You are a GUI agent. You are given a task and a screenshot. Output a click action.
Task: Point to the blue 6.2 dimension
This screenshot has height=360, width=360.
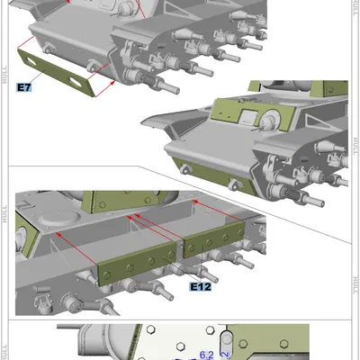coord(206,354)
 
